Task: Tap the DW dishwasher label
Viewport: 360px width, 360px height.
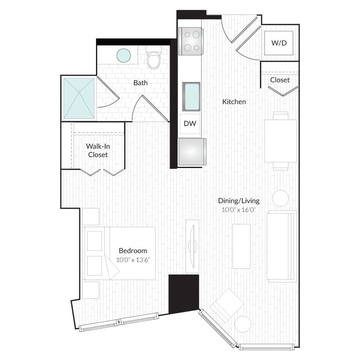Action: pyautogui.click(x=190, y=124)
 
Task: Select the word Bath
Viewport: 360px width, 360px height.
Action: pyautogui.click(x=140, y=83)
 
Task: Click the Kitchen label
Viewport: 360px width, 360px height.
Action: pyautogui.click(x=234, y=102)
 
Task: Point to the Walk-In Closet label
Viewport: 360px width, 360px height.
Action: pyautogui.click(x=98, y=151)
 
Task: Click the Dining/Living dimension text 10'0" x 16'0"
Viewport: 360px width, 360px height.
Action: pyautogui.click(x=238, y=209)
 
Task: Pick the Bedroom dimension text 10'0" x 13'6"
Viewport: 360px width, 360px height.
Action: pyautogui.click(x=132, y=259)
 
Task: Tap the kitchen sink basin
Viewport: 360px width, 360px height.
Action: pyautogui.click(x=191, y=96)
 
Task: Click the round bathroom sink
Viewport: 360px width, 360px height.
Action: pyautogui.click(x=124, y=55)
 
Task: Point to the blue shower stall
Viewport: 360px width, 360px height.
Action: pyautogui.click(x=78, y=99)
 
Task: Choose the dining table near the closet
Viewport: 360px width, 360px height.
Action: pyautogui.click(x=280, y=141)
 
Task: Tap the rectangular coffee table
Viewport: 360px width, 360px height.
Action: pyautogui.click(x=241, y=246)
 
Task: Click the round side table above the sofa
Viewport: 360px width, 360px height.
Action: pyautogui.click(x=280, y=198)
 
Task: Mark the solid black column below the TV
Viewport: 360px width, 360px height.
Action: pyautogui.click(x=183, y=294)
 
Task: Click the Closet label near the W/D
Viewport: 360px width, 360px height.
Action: pyautogui.click(x=279, y=80)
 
